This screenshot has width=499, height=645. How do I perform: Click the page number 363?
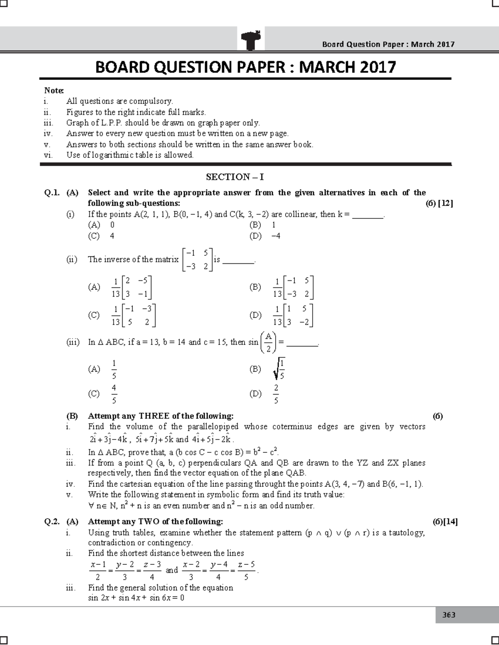pyautogui.click(x=449, y=615)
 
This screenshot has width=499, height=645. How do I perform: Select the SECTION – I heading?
pyautogui.click(x=235, y=177)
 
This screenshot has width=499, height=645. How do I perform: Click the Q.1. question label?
pyautogui.click(x=52, y=193)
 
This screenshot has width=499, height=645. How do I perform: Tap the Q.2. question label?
pyautogui.click(x=52, y=522)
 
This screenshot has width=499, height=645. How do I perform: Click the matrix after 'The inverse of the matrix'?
pyautogui.click(x=198, y=260)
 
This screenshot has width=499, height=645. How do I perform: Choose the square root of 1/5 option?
pyautogui.click(x=279, y=369)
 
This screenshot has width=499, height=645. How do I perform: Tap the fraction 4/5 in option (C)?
pyautogui.click(x=114, y=394)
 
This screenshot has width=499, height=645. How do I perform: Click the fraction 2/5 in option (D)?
pyautogui.click(x=276, y=394)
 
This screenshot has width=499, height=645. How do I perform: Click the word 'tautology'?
pyautogui.click(x=406, y=533)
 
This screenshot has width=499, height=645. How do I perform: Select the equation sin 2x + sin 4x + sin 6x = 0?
pyautogui.click(x=136, y=598)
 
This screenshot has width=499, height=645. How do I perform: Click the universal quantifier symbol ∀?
pyautogui.click(x=91, y=506)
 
